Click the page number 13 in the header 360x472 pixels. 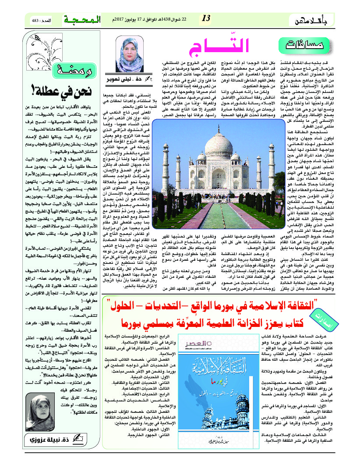click(206, 18)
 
